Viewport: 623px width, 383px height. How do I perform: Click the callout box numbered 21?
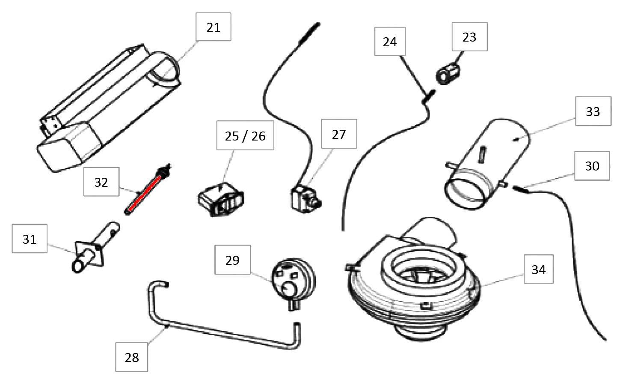pos(213,27)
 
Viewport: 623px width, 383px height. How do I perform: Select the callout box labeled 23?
pos(469,37)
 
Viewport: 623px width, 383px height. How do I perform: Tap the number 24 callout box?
pos(390,42)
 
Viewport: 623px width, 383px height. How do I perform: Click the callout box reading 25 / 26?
pos(245,135)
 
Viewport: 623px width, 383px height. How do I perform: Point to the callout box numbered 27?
pos(338,134)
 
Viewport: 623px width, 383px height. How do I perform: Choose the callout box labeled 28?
pos(132,357)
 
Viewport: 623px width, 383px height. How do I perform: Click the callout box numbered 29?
pos(232,260)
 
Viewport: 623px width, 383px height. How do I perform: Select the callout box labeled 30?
pos(592,166)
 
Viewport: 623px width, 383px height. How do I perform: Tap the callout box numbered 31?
pos(30,239)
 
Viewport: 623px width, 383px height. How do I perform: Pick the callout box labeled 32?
pos(101,182)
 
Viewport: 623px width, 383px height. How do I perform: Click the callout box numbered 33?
pos(593,111)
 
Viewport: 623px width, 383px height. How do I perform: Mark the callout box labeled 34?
pos(538,269)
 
